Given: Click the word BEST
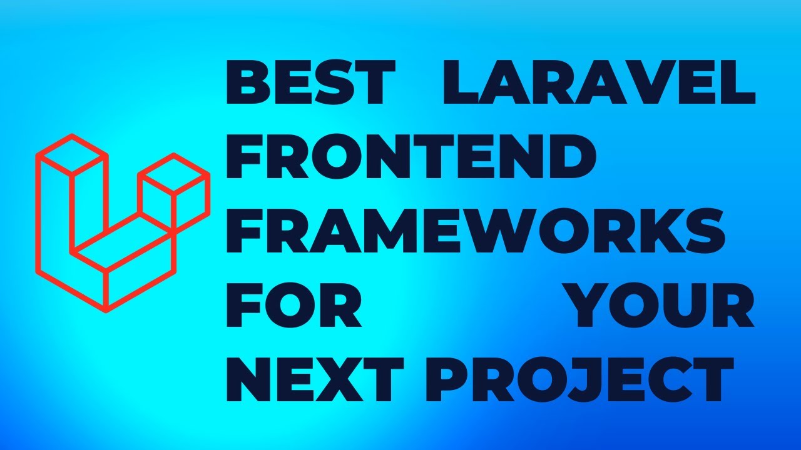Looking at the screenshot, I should click(x=310, y=83).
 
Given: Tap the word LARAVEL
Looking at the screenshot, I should click(x=599, y=83).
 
